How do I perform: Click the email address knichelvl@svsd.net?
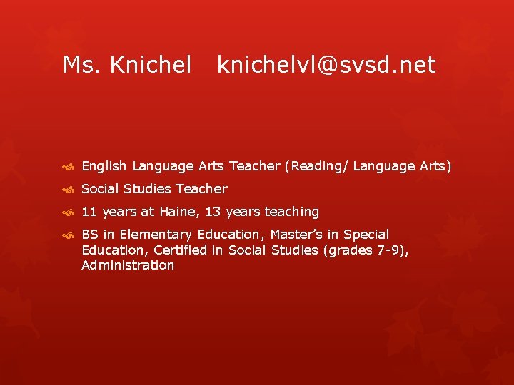[x=326, y=66]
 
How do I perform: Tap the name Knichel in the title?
[x=151, y=66]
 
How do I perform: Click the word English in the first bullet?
[x=104, y=166]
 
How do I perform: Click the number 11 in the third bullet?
[x=89, y=212]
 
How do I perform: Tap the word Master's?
[x=299, y=235]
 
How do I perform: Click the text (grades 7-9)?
[x=364, y=250]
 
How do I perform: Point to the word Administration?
[x=128, y=265]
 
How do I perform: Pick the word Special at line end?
[x=366, y=235]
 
